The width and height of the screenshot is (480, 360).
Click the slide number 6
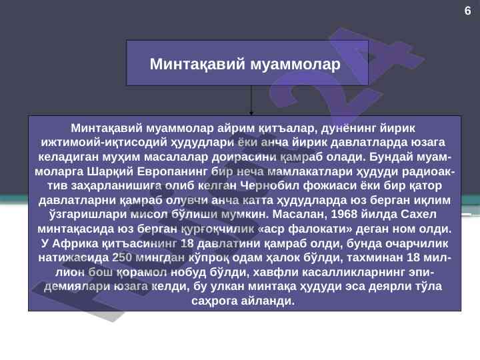coord(467,11)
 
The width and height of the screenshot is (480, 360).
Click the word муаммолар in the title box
coord(295,65)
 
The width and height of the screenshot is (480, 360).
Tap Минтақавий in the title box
coord(197,65)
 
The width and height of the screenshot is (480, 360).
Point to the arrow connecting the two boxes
coord(251,100)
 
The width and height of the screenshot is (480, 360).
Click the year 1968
coord(344,214)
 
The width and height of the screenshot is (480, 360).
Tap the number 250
coord(122,257)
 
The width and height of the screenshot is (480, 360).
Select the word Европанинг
coord(172,171)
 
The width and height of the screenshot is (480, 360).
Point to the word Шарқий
coord(110,171)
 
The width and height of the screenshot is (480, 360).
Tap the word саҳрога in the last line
coord(214,301)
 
